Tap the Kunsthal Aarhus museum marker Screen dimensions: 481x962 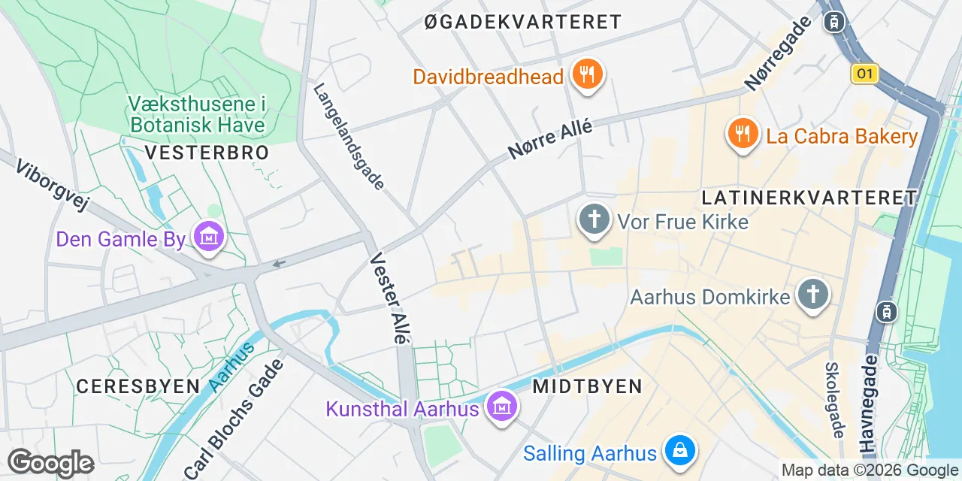click(x=501, y=407)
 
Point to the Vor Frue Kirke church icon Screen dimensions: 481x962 click(x=594, y=220)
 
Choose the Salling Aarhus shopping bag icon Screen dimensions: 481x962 click(x=680, y=451)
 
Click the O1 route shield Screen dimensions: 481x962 click(x=865, y=73)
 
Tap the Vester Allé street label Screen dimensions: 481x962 click(x=390, y=298)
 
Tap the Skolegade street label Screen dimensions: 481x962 click(x=833, y=400)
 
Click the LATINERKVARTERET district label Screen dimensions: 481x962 click(x=809, y=198)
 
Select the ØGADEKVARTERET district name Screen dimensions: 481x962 click(x=523, y=22)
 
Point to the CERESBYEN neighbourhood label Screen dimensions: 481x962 click(x=138, y=386)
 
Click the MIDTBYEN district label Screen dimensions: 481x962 click(x=587, y=386)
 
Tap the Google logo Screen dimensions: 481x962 click(x=50, y=463)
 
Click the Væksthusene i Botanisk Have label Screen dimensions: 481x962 click(x=198, y=113)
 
